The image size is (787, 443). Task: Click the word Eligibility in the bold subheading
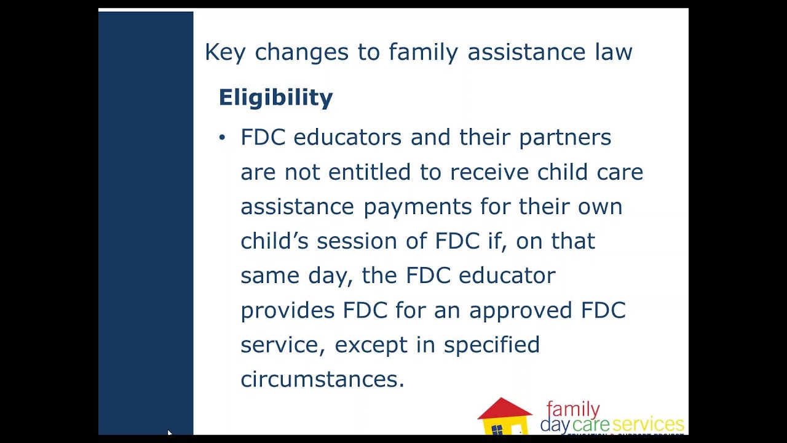coord(275,98)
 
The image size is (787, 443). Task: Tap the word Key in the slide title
coord(224,52)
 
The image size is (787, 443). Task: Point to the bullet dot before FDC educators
coord(223,138)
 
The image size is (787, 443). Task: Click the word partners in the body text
coord(565,138)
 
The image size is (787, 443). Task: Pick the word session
coord(357,241)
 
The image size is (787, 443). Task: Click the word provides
coord(287,310)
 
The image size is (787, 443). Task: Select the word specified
coord(491,345)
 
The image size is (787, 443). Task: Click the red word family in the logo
coord(573,409)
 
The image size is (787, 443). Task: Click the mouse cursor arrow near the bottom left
coord(170,433)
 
